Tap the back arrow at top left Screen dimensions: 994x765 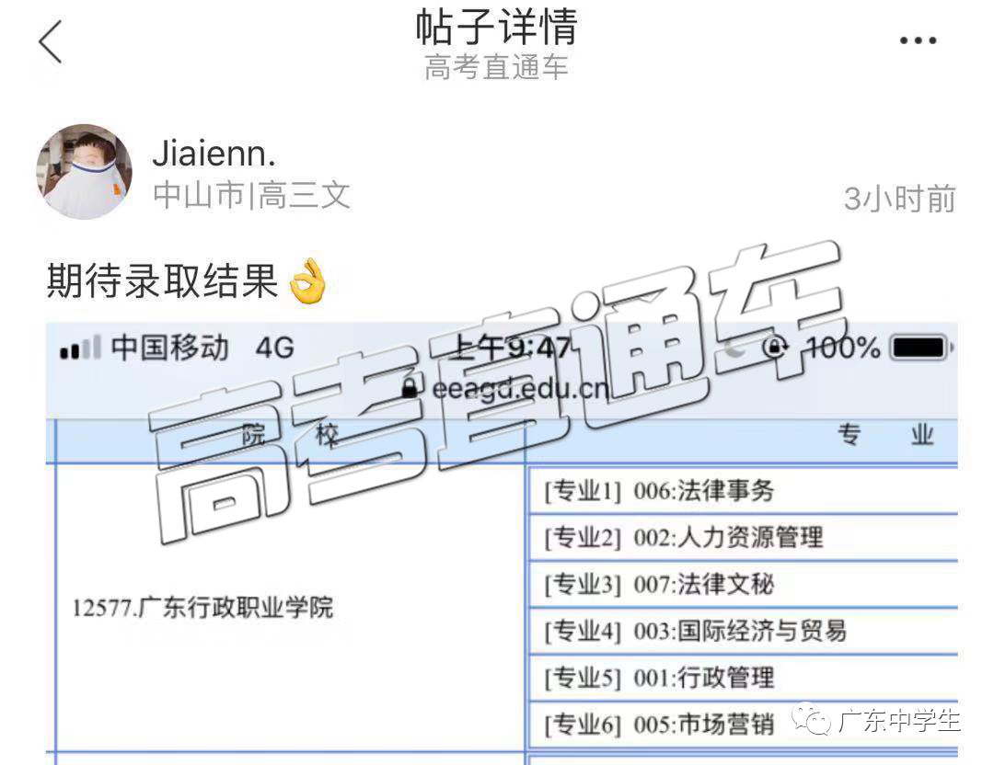pyautogui.click(x=50, y=41)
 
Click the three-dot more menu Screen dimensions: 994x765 pyautogui.click(x=918, y=40)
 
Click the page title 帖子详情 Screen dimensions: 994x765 pyautogui.click(x=496, y=27)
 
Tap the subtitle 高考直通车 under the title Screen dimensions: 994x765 pyautogui.click(x=496, y=67)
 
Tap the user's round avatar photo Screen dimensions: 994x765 pyautogui.click(x=85, y=172)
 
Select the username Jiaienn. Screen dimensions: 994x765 pyautogui.click(x=214, y=154)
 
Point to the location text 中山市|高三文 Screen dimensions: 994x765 pyautogui.click(x=251, y=195)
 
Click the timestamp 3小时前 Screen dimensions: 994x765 pyautogui.click(x=899, y=199)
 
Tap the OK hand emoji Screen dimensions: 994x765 pyautogui.click(x=308, y=281)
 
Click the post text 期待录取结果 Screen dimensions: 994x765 pyautogui.click(x=162, y=280)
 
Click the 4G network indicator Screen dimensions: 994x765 pyautogui.click(x=274, y=348)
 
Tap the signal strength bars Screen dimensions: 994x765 pyautogui.click(x=80, y=348)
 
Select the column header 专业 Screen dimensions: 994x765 pyautogui.click(x=885, y=435)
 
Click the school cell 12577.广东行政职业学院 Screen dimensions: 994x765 pyautogui.click(x=202, y=608)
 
